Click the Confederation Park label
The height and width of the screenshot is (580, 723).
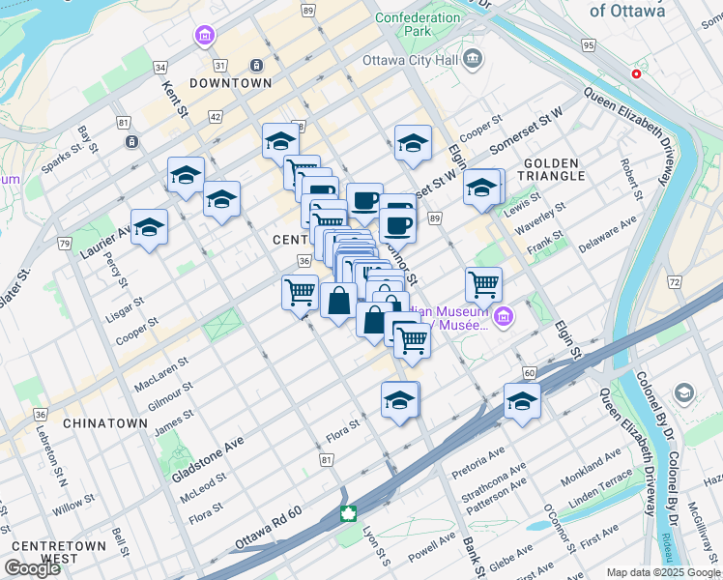coord(418,24)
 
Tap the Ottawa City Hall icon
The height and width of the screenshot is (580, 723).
coord(473,60)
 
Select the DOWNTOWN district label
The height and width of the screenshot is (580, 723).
coord(230,84)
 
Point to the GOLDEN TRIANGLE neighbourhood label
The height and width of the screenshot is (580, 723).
coord(554,169)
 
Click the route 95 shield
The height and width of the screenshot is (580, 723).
coord(589,44)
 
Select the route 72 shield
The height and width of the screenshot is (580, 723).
coord(674,281)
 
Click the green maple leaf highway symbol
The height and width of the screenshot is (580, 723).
coord(348,511)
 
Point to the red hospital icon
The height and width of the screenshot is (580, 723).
coord(636,73)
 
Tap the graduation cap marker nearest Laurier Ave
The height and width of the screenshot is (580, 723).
coord(149,228)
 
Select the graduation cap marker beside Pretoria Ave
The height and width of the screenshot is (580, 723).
coord(522,401)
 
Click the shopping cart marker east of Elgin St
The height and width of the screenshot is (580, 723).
coord(483,285)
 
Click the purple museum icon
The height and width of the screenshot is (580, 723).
coord(503,316)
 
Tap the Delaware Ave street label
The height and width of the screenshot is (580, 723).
coord(608,233)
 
